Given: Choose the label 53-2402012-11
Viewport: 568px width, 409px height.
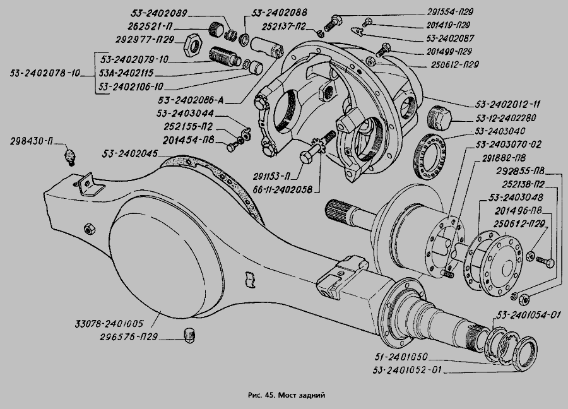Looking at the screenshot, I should [x=507, y=103].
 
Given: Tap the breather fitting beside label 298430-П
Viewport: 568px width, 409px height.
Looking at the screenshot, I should [x=71, y=155].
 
